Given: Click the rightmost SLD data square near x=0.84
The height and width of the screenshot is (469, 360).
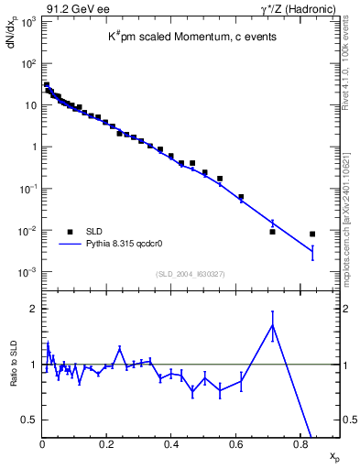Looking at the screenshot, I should [x=312, y=234].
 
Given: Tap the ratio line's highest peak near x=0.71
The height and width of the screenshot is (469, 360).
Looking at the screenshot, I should [x=272, y=324].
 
